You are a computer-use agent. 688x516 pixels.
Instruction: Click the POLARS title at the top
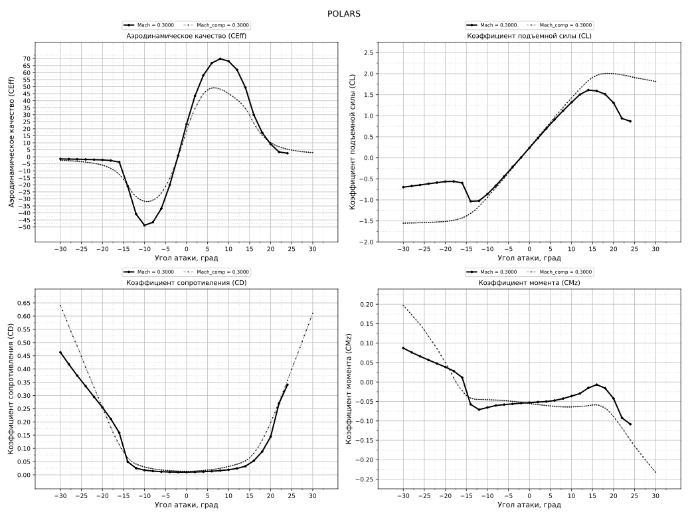344,14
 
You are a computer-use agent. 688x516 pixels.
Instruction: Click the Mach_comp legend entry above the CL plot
562,25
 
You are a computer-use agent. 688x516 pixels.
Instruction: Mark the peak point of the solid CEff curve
220,58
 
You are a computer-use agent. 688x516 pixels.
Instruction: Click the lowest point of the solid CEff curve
144,225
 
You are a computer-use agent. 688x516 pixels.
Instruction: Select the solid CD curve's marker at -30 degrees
60,352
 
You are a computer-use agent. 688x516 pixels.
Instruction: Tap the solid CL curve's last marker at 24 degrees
630,122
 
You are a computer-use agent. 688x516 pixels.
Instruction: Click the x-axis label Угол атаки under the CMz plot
529,505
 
